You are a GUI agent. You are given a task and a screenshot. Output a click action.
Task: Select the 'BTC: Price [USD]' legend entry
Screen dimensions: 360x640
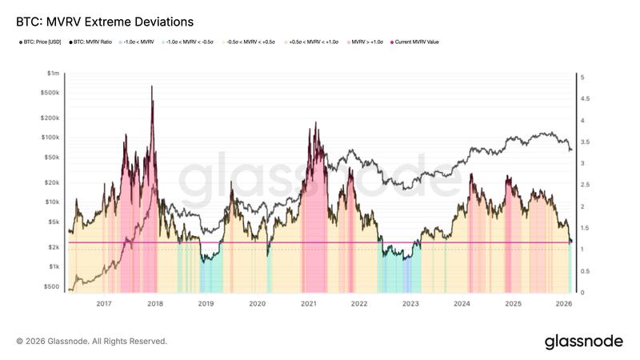(41, 42)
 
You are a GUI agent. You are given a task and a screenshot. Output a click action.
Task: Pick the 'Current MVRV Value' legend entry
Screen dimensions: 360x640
(415, 42)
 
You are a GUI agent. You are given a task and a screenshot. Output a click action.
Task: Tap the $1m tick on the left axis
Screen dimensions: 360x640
(53, 73)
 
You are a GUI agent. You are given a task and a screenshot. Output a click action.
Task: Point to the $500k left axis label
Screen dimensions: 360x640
(50, 93)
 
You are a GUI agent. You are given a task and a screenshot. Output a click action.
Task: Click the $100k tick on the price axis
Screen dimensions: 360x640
(50, 138)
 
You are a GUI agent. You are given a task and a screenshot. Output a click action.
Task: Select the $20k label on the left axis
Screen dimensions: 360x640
(51, 182)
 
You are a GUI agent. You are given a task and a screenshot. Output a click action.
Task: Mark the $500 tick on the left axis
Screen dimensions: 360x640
(51, 286)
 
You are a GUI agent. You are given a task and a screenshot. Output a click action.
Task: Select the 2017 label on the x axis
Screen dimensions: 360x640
(103, 304)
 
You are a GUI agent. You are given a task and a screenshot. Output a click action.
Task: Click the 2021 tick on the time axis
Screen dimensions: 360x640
(308, 304)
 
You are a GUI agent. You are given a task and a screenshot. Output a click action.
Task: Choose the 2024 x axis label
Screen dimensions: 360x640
(462, 304)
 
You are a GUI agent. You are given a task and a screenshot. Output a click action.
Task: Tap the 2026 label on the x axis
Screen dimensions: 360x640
(564, 304)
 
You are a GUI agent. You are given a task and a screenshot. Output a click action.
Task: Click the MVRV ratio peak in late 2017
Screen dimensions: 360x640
(152, 86)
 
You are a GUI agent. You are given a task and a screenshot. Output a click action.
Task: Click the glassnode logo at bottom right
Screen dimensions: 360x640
(583, 342)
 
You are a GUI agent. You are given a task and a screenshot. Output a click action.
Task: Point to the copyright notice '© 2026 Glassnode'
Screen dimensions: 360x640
(91, 342)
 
